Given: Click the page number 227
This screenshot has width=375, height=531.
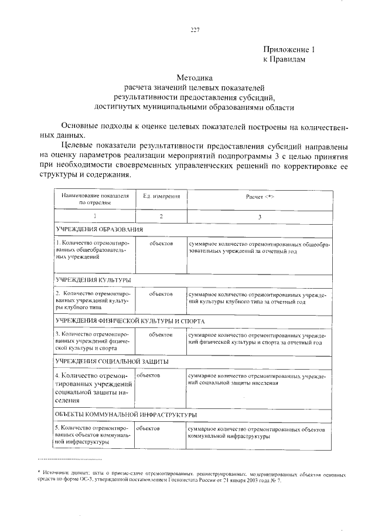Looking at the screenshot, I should click(x=195, y=31).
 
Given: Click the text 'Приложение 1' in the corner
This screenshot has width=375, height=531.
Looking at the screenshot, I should click(x=289, y=49).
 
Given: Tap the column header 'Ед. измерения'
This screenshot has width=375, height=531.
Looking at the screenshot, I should click(x=161, y=197).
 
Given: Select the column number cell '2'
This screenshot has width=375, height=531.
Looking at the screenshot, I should click(x=161, y=217).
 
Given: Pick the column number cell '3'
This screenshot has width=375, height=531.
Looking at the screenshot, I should click(x=260, y=217).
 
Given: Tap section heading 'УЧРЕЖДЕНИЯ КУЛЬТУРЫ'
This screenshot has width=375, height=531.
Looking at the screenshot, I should click(x=93, y=280).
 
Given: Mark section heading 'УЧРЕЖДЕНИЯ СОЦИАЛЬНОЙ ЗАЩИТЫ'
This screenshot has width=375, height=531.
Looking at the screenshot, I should click(x=112, y=361).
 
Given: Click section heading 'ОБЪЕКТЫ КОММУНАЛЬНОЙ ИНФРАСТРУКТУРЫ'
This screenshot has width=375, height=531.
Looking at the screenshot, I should click(x=125, y=414).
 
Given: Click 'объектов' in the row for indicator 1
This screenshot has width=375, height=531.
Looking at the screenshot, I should click(x=161, y=243).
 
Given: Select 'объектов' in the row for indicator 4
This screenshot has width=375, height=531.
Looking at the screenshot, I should click(x=149, y=374).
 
